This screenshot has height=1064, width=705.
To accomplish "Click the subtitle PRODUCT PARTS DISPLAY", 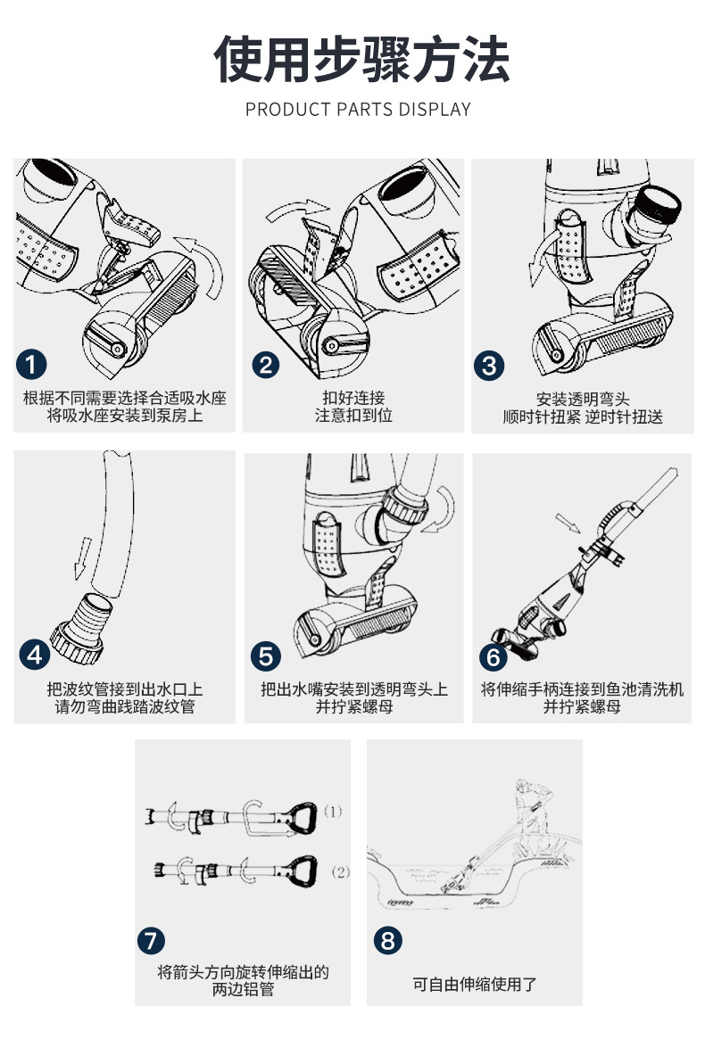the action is tap(358, 110).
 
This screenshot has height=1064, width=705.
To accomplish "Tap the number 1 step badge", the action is tap(32, 364).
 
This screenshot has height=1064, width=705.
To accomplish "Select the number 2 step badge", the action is tap(266, 364).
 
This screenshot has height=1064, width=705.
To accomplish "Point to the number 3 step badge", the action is tap(490, 364).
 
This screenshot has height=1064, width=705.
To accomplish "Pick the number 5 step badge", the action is tap(266, 656).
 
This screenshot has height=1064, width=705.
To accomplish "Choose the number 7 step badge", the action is tap(152, 939).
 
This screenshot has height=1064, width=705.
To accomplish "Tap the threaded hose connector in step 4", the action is tap(83, 624).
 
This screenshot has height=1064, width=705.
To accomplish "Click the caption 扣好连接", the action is tap(353, 398).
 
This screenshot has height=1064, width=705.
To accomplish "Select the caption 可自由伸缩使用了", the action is tap(475, 985).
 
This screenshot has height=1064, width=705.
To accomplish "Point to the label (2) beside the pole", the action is tap(340, 871).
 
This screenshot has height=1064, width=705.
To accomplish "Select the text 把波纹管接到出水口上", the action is tap(125, 689).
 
